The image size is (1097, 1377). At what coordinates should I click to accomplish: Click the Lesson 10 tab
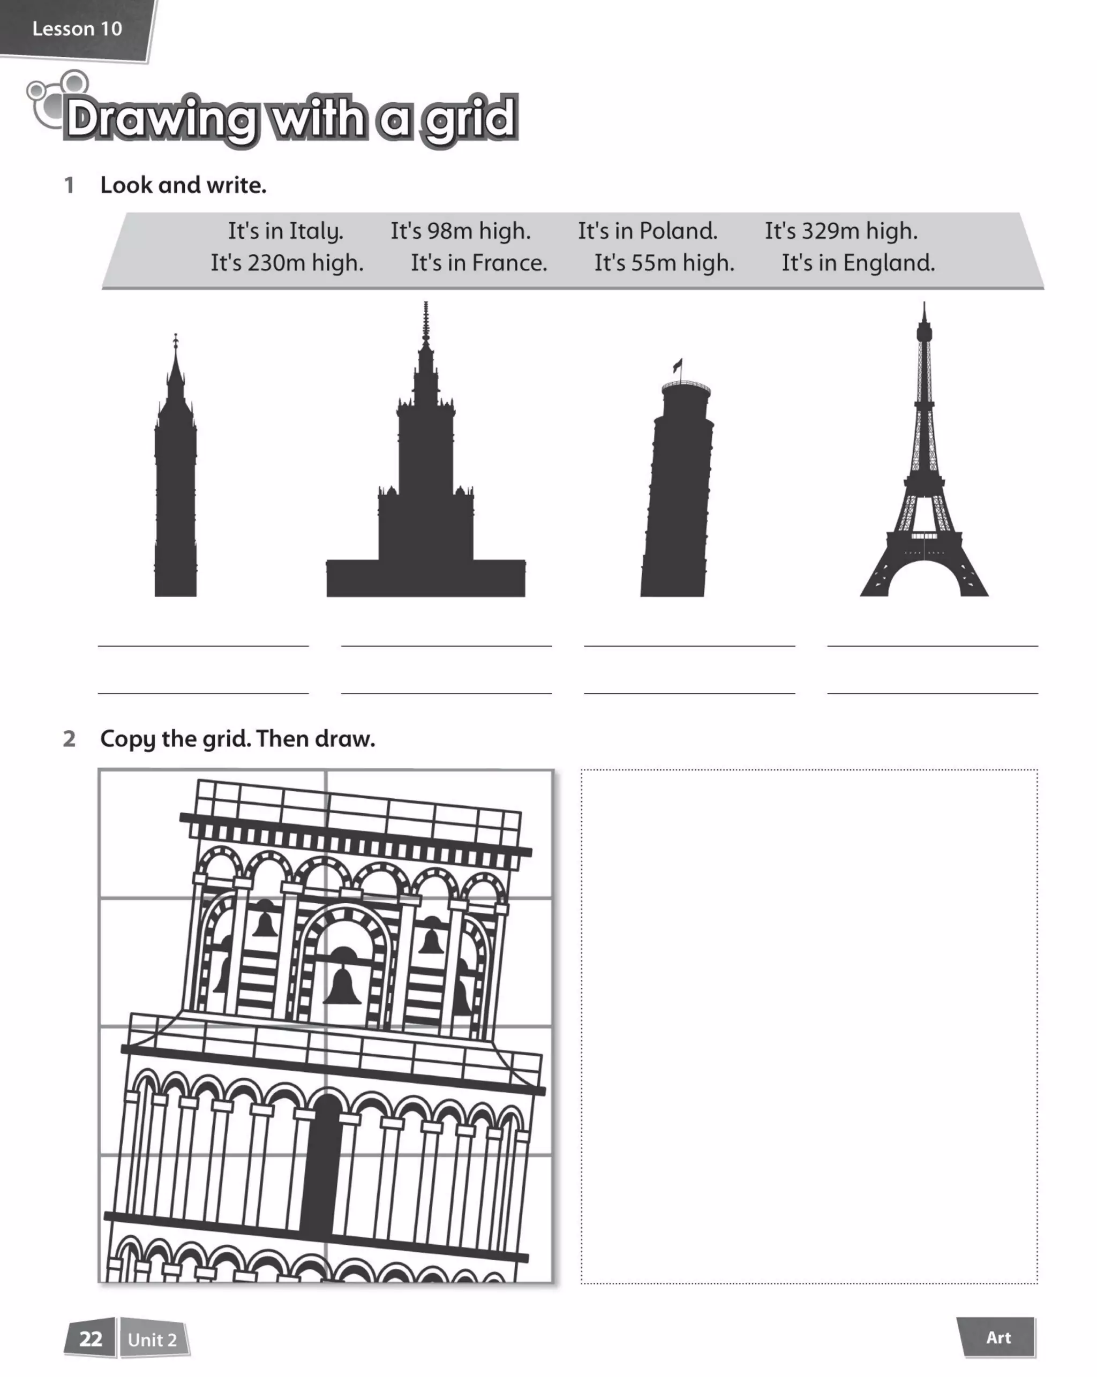[x=77, y=29]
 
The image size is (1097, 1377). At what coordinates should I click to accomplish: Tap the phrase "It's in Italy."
[x=285, y=231]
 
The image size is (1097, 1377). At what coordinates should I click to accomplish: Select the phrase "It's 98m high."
[x=460, y=231]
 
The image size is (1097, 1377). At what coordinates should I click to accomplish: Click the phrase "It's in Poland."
[x=647, y=231]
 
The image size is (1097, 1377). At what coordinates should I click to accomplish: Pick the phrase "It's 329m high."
[x=841, y=231]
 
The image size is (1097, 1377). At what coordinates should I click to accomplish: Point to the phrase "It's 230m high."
[x=287, y=263]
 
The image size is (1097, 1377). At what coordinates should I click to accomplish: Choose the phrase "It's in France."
[x=478, y=263]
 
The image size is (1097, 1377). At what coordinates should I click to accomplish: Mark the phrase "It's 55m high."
[x=664, y=263]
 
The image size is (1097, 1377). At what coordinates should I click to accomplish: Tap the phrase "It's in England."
[x=858, y=263]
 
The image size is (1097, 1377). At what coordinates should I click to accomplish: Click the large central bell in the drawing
[x=342, y=987]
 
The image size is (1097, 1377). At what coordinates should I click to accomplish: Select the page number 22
[x=91, y=1338]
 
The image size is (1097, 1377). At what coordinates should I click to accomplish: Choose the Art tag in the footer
[x=998, y=1337]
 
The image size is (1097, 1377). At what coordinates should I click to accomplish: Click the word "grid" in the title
[x=470, y=119]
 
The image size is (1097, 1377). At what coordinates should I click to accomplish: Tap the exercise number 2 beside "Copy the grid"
[x=69, y=739]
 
